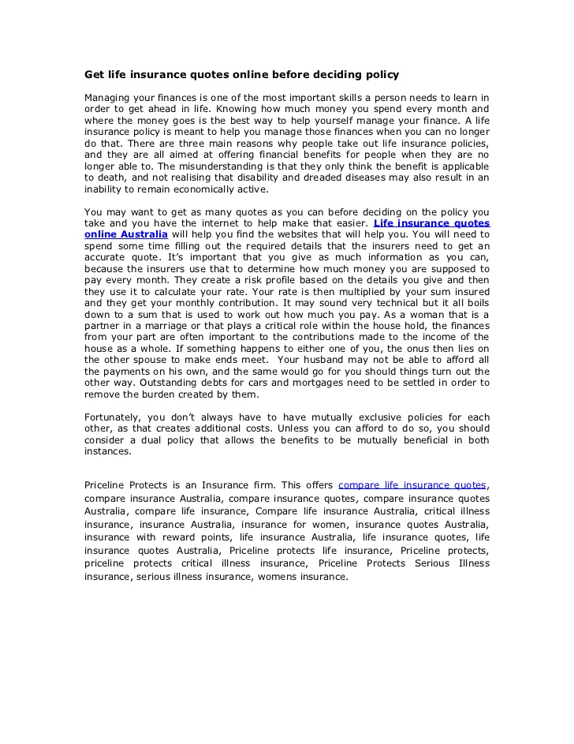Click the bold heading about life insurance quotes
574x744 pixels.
242,75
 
